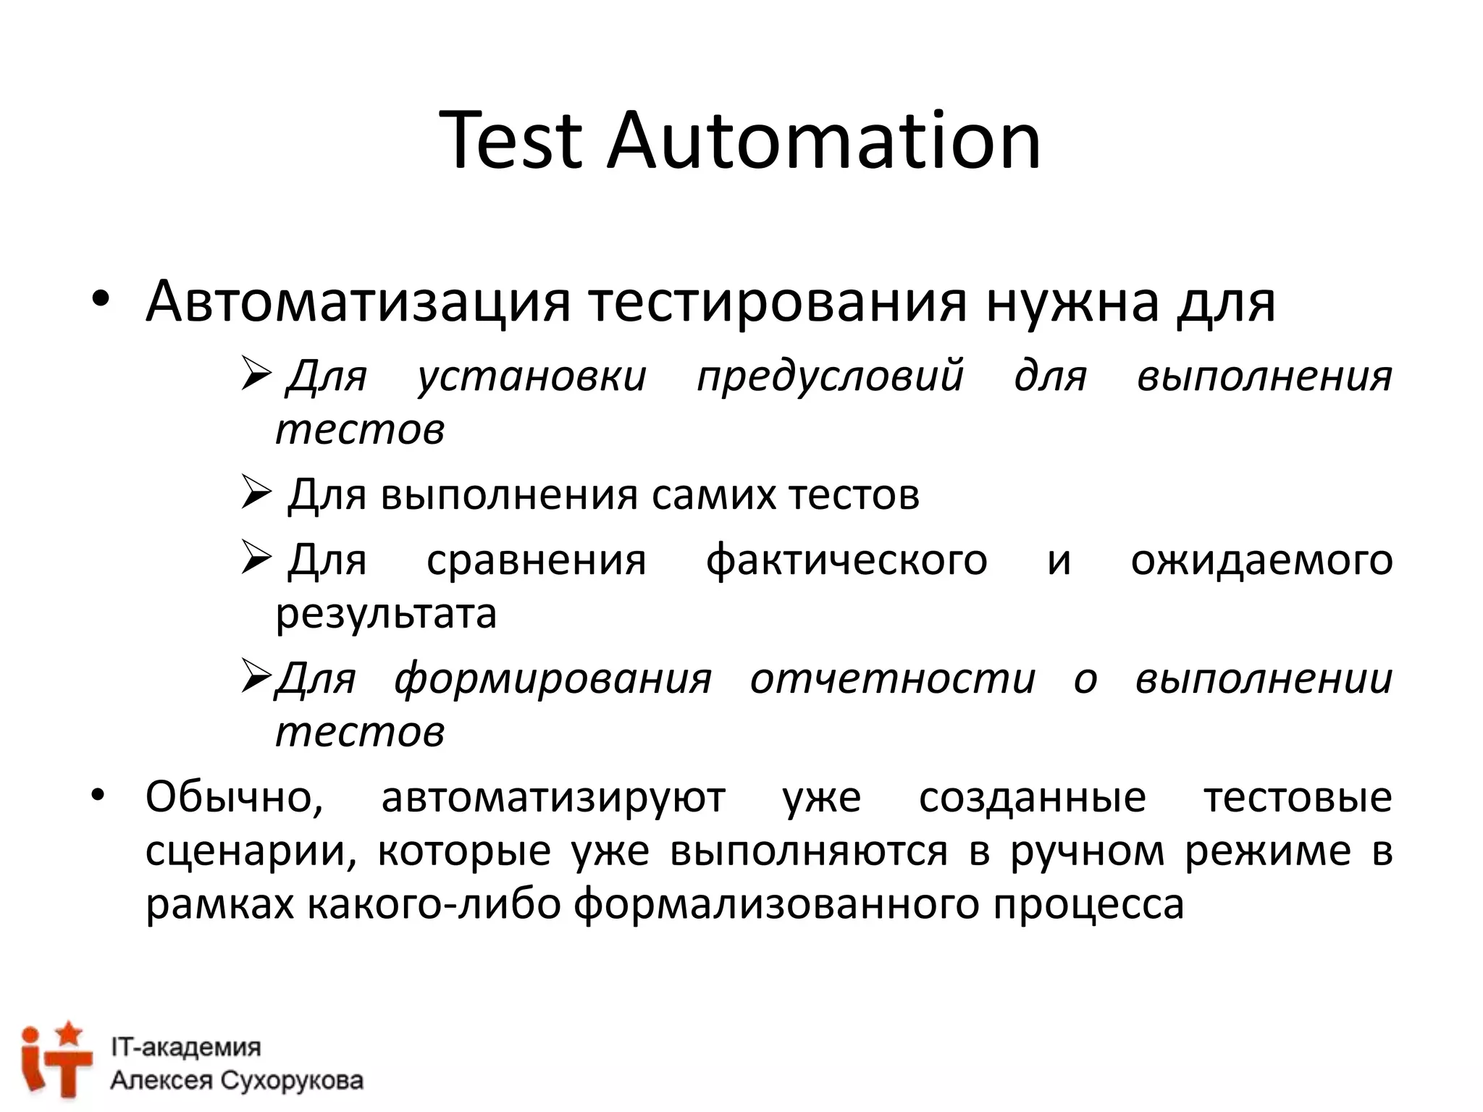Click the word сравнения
tap(536, 560)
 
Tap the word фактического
tap(846, 560)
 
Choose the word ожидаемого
tap(1261, 560)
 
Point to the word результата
tap(386, 615)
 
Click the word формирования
tap(553, 679)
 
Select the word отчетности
tap(893, 679)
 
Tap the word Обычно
tap(234, 798)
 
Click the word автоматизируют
tap(553, 798)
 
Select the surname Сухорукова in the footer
tap(290, 1081)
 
